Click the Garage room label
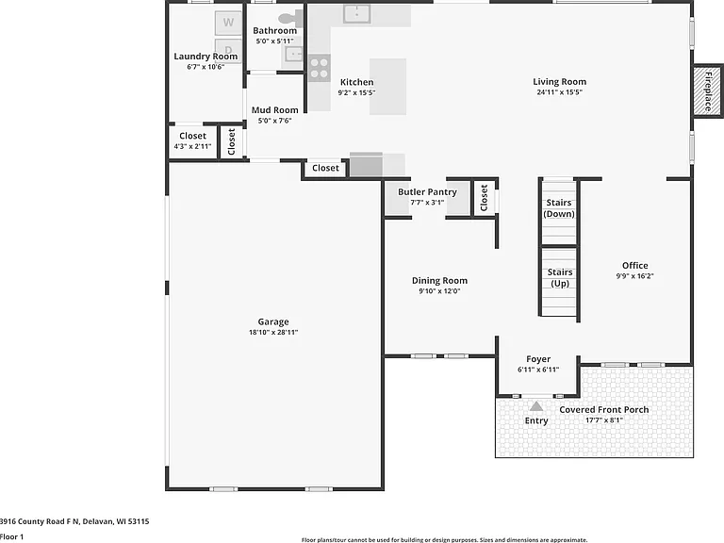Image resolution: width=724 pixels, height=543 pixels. [273, 321]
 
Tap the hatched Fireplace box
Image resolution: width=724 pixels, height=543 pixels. [707, 90]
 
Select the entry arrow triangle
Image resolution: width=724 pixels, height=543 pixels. [536, 406]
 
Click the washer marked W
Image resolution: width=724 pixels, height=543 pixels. [228, 23]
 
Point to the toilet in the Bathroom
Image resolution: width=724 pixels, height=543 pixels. [289, 19]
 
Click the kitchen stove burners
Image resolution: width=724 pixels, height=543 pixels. [319, 68]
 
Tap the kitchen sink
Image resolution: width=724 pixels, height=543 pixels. [357, 14]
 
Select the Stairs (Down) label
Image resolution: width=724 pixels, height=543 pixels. [559, 208]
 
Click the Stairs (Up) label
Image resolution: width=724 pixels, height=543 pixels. [560, 278]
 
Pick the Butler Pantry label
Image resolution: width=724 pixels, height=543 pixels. [428, 192]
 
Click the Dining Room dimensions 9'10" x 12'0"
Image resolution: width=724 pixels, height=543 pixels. [439, 291]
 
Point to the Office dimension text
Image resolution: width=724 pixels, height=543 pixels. [634, 276]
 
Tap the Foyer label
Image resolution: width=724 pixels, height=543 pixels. [538, 359]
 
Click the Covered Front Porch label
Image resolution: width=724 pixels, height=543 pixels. [604, 409]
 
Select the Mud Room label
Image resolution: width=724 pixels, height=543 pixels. [274, 110]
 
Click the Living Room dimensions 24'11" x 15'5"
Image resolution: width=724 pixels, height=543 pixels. [560, 91]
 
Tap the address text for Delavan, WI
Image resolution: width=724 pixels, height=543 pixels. [74, 521]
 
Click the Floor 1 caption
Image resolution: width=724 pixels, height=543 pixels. [11, 536]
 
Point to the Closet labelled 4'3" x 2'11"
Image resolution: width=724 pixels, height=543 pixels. [192, 140]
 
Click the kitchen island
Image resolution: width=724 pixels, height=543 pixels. [387, 87]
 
